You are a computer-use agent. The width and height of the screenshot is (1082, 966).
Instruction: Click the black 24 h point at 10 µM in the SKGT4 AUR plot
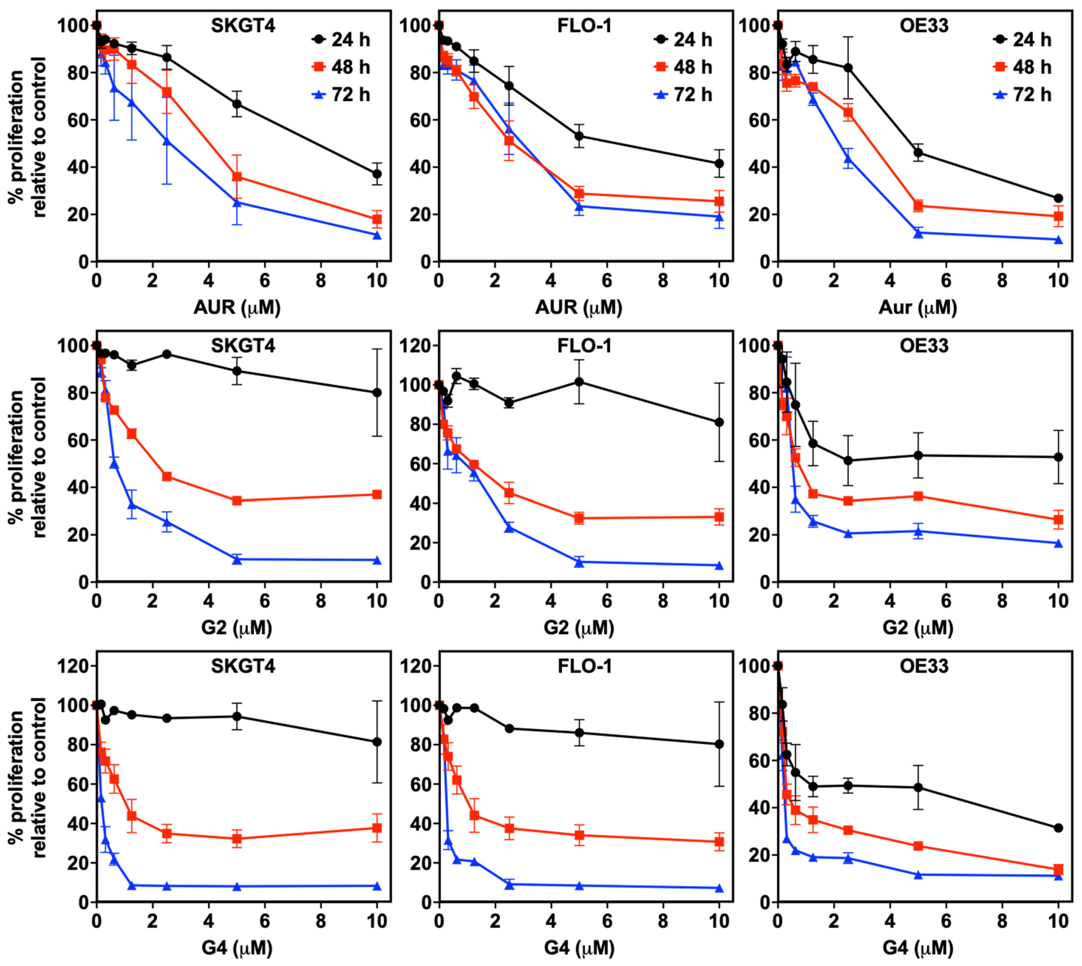pos(377,174)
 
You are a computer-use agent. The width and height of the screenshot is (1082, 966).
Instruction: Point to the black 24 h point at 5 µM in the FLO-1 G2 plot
pos(579,382)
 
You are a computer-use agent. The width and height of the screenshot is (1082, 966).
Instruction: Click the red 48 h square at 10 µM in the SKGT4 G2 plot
pos(377,494)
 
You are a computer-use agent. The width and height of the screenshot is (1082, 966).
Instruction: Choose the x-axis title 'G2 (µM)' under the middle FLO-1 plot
pos(579,628)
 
